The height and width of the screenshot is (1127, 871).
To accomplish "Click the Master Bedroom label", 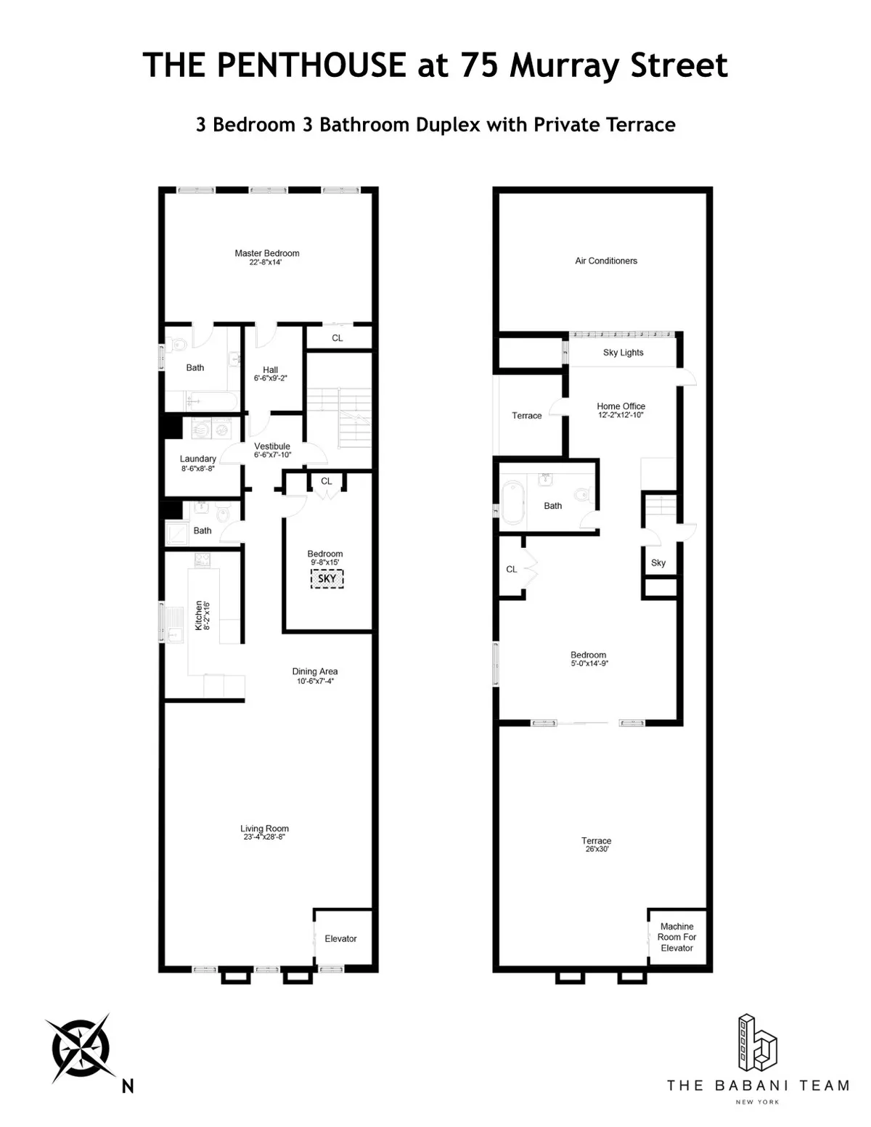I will point(266,253).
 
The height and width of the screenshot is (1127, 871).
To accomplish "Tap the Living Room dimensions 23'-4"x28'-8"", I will point(264,837).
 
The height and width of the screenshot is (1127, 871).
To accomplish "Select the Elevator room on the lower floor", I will point(340,938).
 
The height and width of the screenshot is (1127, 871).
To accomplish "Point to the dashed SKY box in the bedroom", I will point(327,578).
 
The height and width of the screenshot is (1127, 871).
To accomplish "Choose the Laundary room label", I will point(197,459).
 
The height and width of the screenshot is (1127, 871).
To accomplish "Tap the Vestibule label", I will point(272,446).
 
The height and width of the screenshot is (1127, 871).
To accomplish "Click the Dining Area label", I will point(314,671).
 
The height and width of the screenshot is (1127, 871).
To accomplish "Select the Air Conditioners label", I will point(606,261).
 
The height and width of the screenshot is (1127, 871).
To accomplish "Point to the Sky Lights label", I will point(623,353).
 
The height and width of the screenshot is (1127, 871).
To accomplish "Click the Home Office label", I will point(621,406).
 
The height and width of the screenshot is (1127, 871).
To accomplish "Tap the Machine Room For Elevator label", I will point(677,937).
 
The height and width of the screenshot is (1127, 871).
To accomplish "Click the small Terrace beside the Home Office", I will point(527,416).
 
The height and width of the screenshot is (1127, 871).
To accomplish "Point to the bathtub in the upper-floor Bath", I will point(511,504).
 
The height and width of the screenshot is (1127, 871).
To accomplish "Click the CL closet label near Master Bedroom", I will point(338,338).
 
